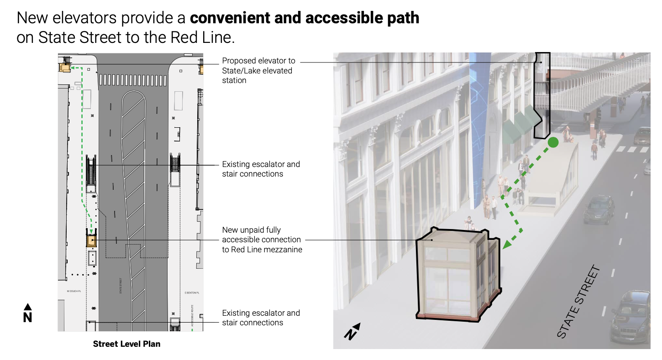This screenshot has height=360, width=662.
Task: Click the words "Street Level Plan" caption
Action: point(126,344)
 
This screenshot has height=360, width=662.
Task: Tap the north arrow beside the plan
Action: point(28,313)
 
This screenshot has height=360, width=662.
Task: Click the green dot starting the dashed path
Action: point(553,142)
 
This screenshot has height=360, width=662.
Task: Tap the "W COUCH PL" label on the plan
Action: point(74,291)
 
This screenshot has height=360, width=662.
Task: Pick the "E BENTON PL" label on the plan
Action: point(192,292)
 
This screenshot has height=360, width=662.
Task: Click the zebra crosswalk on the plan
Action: point(132,80)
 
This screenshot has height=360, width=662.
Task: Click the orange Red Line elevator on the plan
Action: point(91,240)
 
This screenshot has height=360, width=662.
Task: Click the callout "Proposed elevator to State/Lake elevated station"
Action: point(258,70)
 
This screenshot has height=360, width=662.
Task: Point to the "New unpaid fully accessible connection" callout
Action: point(262,240)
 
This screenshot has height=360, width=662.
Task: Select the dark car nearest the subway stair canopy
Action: point(599,209)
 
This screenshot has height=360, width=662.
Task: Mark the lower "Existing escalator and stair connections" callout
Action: point(261,318)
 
